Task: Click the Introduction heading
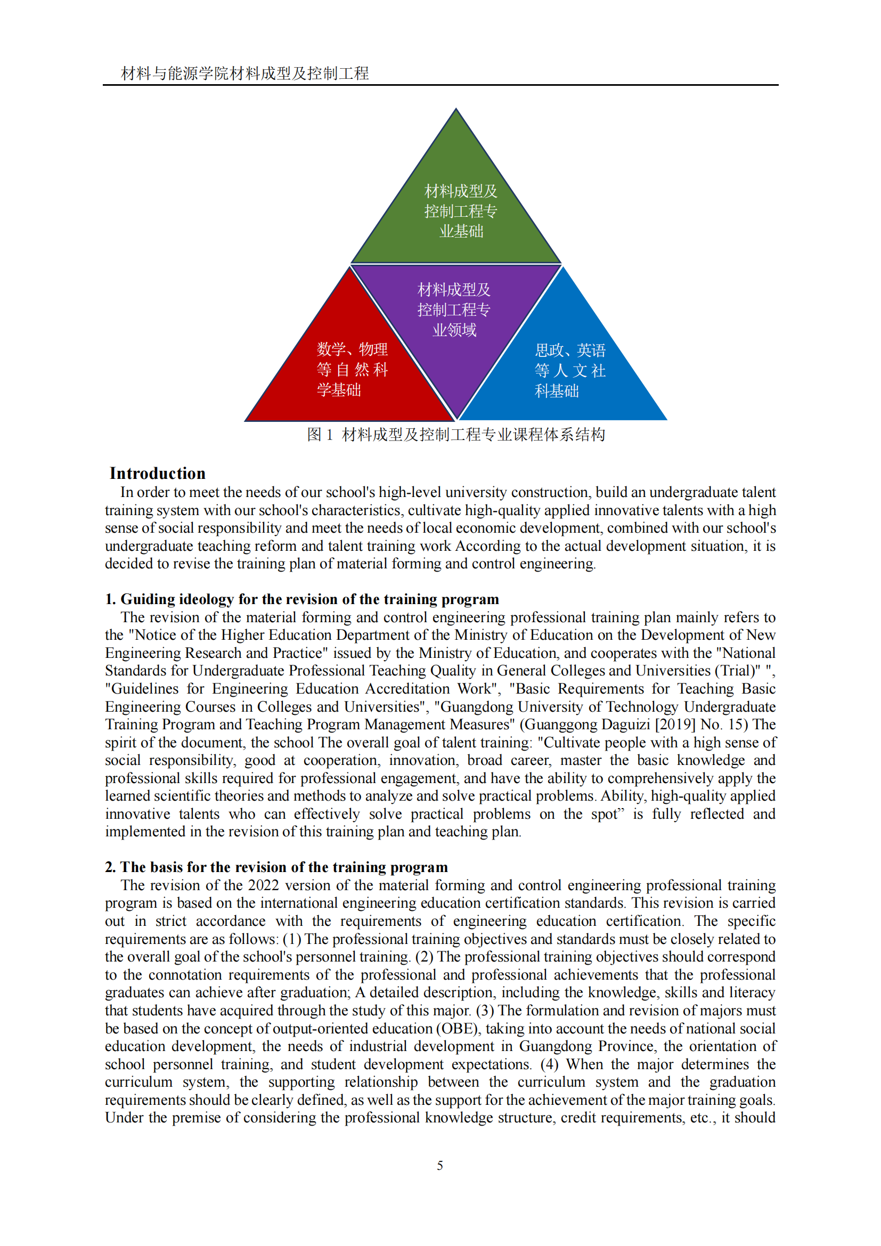tap(157, 473)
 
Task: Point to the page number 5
tap(440, 1166)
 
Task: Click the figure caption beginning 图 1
tap(456, 435)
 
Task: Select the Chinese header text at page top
tap(244, 74)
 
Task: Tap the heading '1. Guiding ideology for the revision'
tap(301, 599)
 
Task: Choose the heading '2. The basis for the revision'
tap(276, 867)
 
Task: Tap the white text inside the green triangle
tap(461, 211)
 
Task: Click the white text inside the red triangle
tap(352, 370)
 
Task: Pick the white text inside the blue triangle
tap(569, 371)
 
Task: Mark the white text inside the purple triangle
tap(454, 310)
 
